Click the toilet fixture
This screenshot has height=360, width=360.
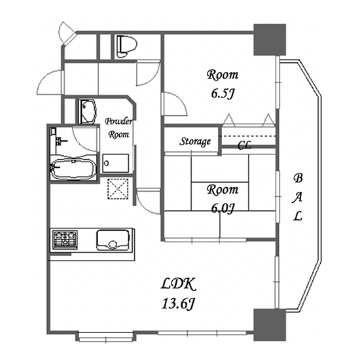[x=126, y=46]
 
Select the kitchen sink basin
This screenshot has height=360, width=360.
[x=113, y=240]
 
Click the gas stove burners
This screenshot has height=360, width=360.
[x=65, y=240]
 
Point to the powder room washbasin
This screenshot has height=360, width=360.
[x=87, y=111]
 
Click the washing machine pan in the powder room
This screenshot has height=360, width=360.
[x=115, y=163]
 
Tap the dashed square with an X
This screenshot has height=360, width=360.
[x=118, y=189]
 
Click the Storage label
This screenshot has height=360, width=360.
[x=195, y=141]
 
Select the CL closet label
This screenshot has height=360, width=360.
[x=244, y=145]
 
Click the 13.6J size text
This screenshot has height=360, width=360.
[x=179, y=304]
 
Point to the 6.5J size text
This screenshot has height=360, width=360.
[x=223, y=94]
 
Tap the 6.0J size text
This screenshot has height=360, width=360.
[x=223, y=208]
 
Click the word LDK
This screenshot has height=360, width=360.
[x=179, y=284]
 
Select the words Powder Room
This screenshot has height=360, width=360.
[x=118, y=128]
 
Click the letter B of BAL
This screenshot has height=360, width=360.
[x=298, y=178]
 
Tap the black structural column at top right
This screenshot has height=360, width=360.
[x=270, y=39]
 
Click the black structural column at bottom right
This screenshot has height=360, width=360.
[x=270, y=325]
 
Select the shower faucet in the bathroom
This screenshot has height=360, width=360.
[x=60, y=141]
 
